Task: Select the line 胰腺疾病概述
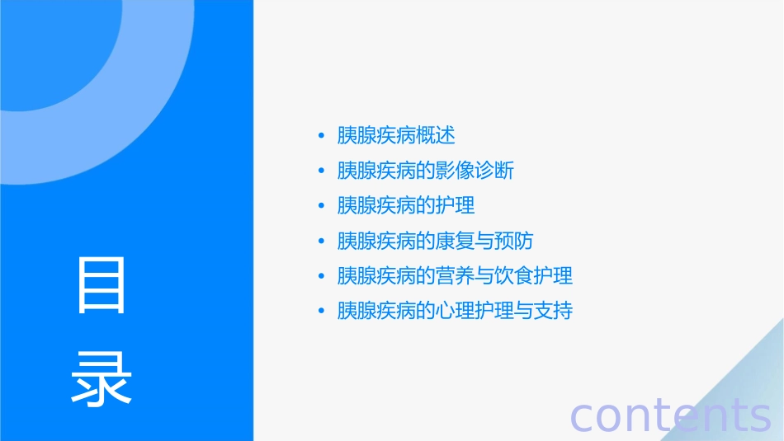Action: coord(396,135)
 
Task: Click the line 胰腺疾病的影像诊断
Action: coord(425,171)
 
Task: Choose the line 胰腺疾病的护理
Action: coord(406,205)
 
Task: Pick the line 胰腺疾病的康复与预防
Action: coord(435,241)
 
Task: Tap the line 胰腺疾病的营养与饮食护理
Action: coord(455,275)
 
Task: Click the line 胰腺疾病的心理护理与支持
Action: coord(455,311)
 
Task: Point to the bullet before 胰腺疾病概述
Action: coord(321,136)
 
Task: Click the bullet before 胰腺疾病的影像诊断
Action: coord(321,171)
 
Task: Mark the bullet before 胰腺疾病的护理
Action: coord(321,206)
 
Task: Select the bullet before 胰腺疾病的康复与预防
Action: coord(321,241)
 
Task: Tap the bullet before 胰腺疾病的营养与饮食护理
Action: coord(321,276)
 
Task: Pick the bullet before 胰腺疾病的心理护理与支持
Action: coord(321,311)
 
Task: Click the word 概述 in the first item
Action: coord(436,135)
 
